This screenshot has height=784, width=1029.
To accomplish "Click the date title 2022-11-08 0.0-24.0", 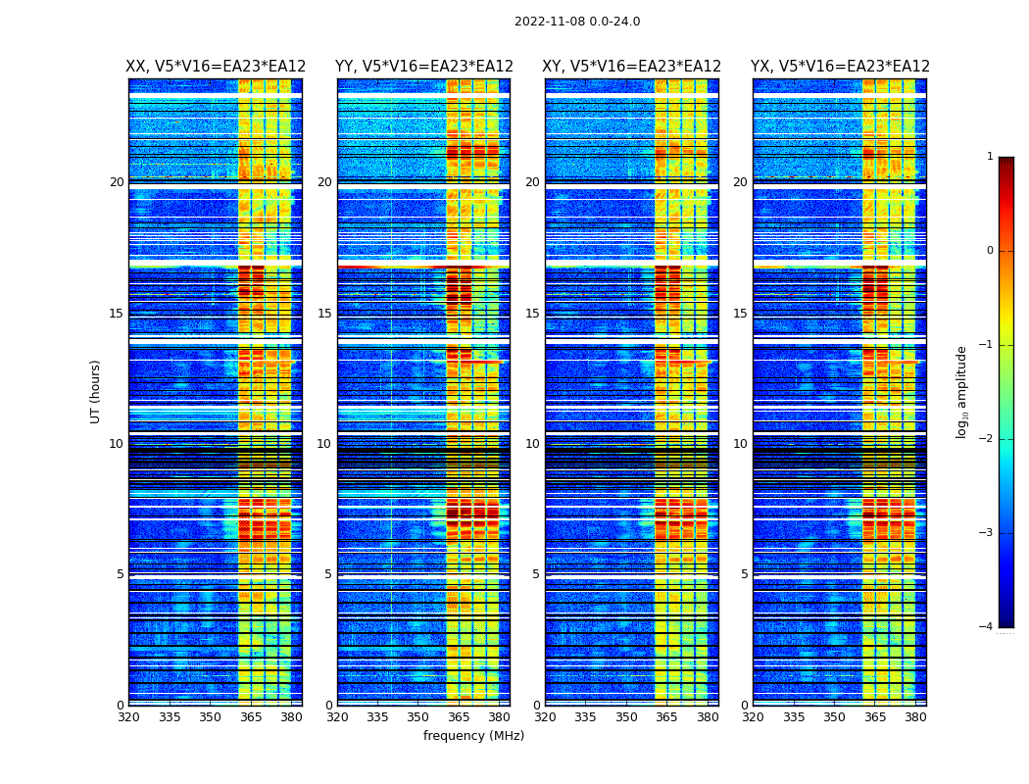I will click(x=577, y=22).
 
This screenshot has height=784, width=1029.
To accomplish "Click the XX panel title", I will click(x=216, y=67).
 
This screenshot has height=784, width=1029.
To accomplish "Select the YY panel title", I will click(x=423, y=67).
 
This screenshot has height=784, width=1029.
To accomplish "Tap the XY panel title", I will click(x=632, y=67).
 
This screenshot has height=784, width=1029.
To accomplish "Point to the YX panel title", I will click(x=840, y=67).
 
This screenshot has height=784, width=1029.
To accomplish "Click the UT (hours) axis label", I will click(x=96, y=391).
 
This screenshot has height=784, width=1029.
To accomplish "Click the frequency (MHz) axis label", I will click(x=473, y=736).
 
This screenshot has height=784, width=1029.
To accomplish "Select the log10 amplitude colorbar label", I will click(x=962, y=391).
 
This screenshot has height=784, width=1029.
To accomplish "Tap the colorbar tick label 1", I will click(x=990, y=157).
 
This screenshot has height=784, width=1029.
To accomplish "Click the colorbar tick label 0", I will click(x=990, y=251).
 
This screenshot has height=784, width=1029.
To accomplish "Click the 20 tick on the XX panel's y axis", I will click(x=117, y=182).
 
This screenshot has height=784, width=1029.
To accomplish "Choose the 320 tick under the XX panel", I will click(x=128, y=717).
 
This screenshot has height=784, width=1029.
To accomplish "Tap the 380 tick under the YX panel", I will click(x=915, y=717).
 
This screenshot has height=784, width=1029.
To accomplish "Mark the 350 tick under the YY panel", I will click(x=418, y=717).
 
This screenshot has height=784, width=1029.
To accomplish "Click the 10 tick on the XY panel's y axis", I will click(x=531, y=444).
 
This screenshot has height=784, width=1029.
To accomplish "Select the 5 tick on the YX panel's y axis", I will click(x=744, y=574).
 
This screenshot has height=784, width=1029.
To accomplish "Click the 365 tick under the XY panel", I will click(x=667, y=717).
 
